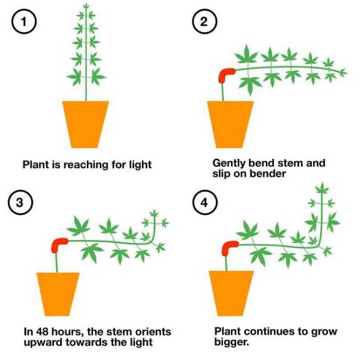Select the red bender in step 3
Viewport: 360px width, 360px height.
coord(59,244)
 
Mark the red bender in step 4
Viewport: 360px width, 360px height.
coord(231,247)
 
